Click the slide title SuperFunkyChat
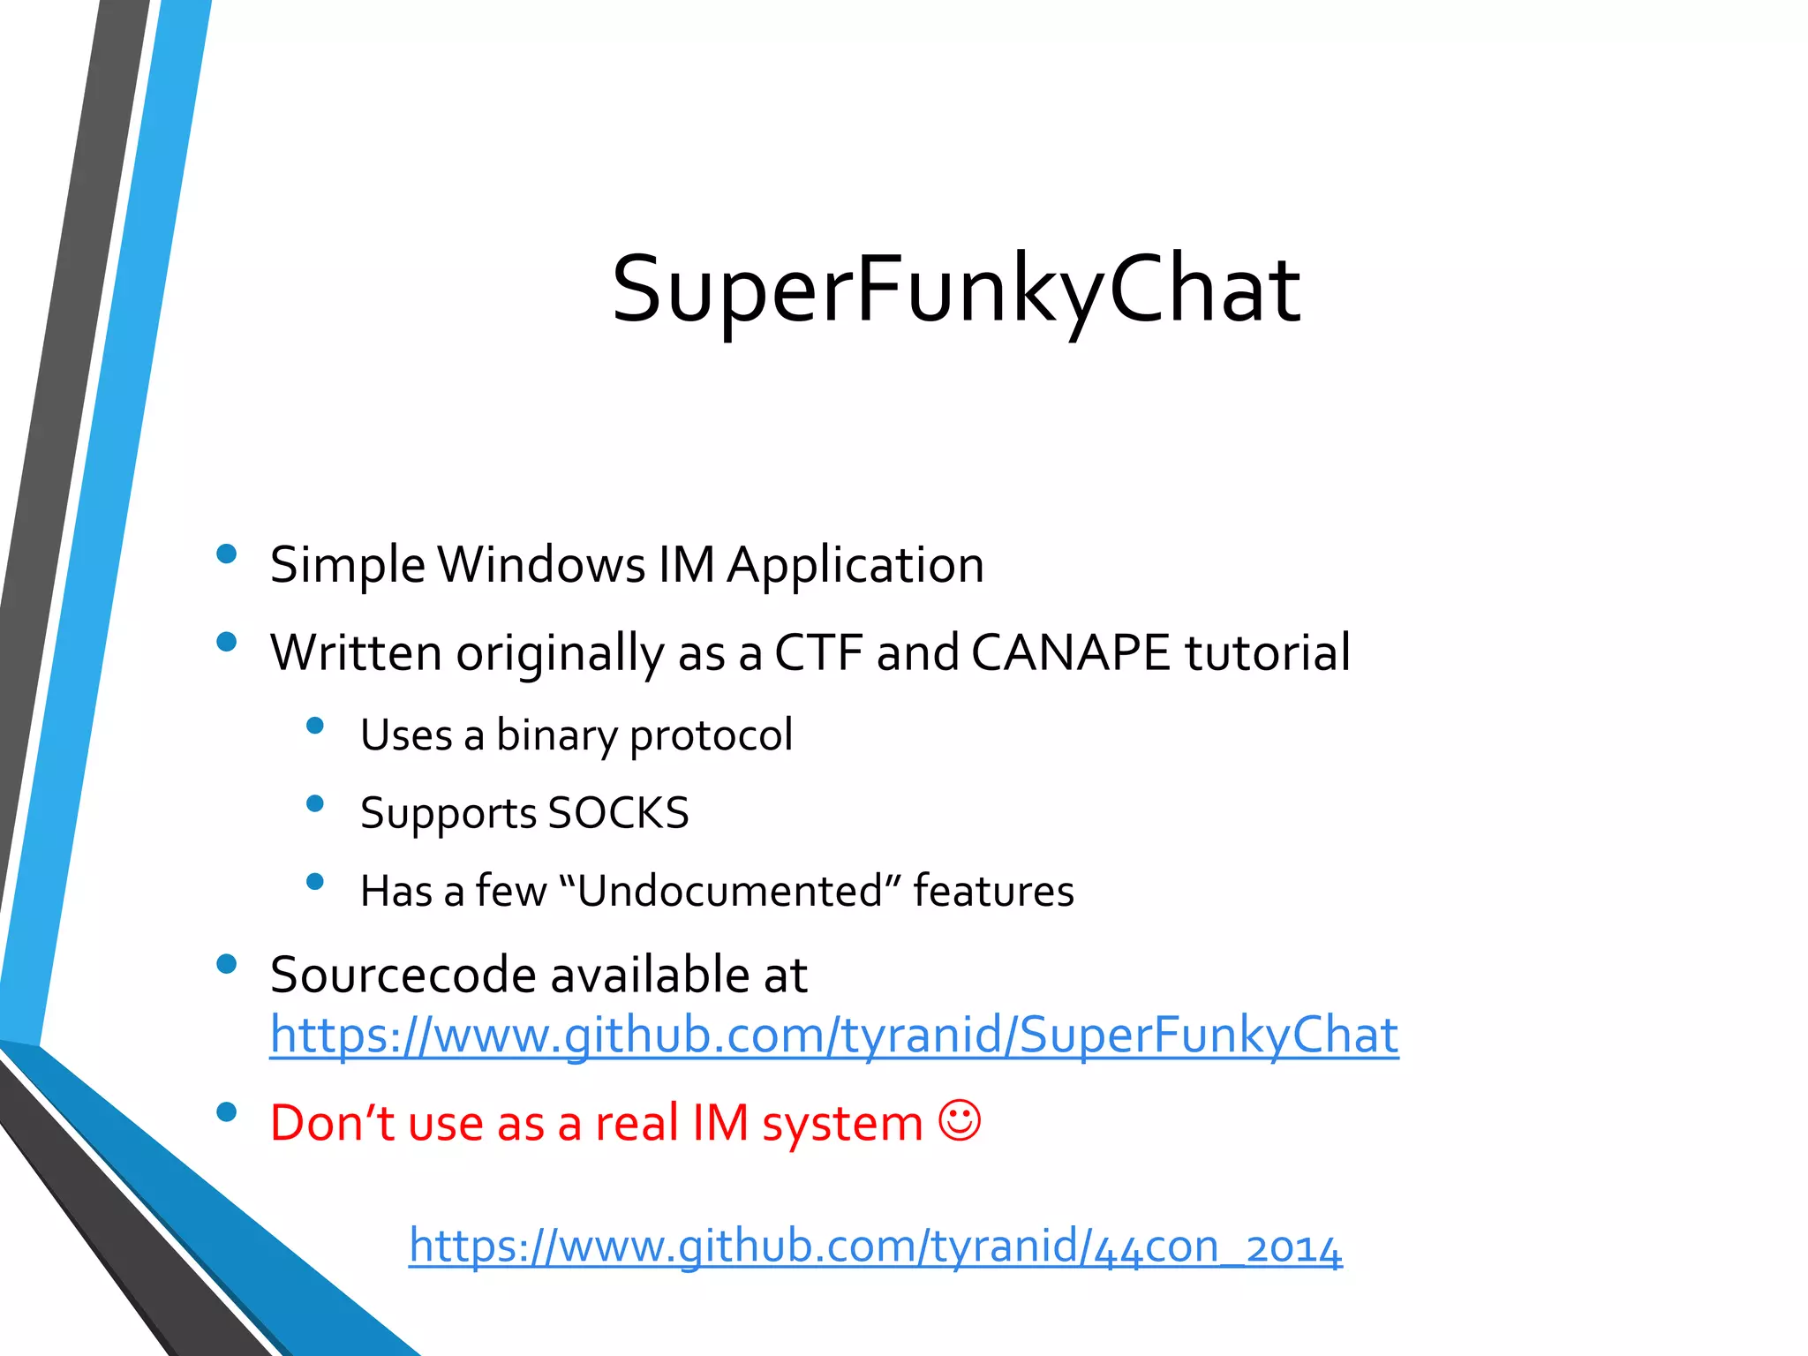pyautogui.click(x=956, y=290)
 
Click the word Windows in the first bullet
pyautogui.click(x=542, y=565)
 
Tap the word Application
pyautogui.click(x=855, y=565)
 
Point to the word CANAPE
pyautogui.click(x=1070, y=653)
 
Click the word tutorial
pyautogui.click(x=1267, y=653)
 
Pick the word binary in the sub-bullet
pyautogui.click(x=556, y=735)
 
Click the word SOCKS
pyautogui.click(x=618, y=813)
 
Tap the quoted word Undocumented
pyautogui.click(x=729, y=891)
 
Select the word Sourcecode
pyautogui.click(x=403, y=975)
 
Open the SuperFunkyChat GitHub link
pyautogui.click(x=833, y=1036)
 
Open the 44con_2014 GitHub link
pyautogui.click(x=875, y=1247)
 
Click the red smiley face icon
pyautogui.click(x=960, y=1121)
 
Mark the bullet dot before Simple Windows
pyautogui.click(x=227, y=554)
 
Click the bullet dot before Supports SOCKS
pyautogui.click(x=315, y=803)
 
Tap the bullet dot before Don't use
pyautogui.click(x=227, y=1112)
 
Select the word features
pyautogui.click(x=993, y=891)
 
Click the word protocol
pyautogui.click(x=711, y=735)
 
